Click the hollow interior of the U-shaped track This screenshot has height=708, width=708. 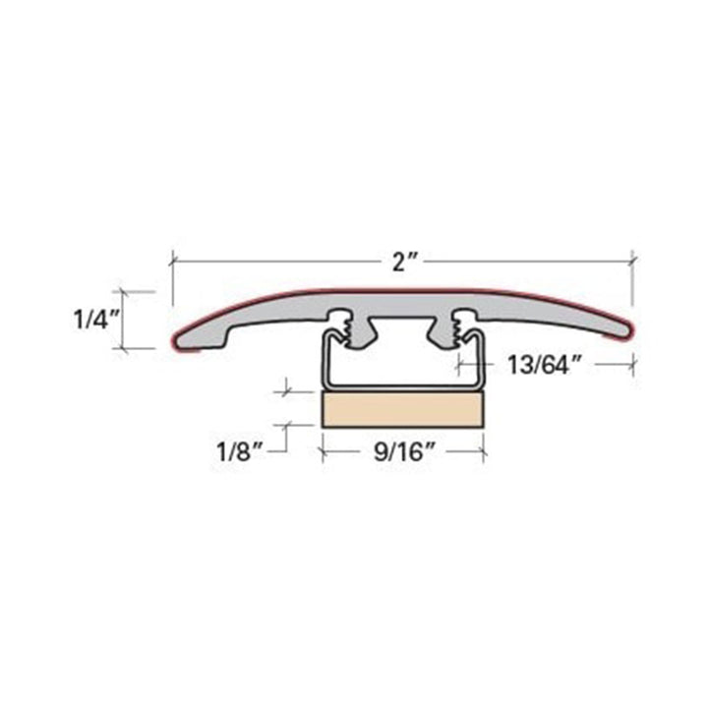403,364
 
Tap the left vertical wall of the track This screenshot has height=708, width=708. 324,364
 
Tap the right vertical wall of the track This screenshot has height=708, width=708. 483,364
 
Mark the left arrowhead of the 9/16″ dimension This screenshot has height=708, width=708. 326,452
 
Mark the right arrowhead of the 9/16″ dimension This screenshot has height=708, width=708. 482,452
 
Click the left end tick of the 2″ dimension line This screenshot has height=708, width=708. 173,261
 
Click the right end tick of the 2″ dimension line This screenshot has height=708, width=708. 632,261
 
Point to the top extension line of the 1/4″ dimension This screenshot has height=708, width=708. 138,291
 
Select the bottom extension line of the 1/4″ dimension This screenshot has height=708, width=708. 138,348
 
